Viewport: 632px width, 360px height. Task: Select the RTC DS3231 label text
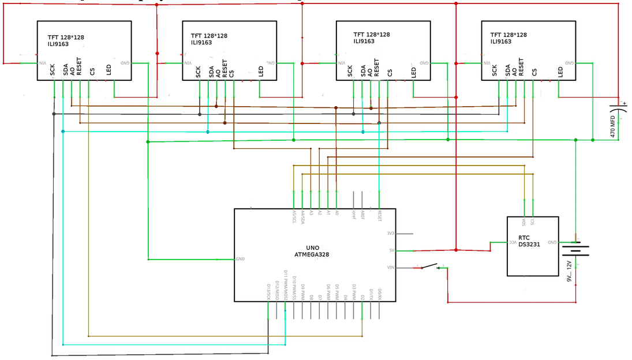(x=529, y=241)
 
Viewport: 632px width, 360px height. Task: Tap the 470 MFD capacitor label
(x=612, y=126)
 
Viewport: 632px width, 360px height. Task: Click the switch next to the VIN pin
(x=430, y=267)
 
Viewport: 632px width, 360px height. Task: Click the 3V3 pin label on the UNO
(x=391, y=234)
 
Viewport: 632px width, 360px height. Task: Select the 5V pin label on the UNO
(x=392, y=250)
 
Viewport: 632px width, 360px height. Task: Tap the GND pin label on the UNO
(x=240, y=259)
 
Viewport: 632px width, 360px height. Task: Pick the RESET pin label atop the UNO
(x=379, y=216)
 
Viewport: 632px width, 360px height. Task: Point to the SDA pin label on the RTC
(x=523, y=222)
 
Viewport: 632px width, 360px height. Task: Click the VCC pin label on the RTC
(x=512, y=242)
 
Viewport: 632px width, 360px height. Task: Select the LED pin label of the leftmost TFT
(x=109, y=70)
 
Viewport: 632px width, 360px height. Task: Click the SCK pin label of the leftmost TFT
(x=53, y=70)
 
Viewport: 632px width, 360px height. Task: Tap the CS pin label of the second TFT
(x=231, y=73)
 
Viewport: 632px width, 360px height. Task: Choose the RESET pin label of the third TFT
(x=377, y=67)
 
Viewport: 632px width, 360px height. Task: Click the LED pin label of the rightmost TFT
(x=560, y=72)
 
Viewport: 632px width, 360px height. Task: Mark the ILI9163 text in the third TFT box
(x=364, y=41)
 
